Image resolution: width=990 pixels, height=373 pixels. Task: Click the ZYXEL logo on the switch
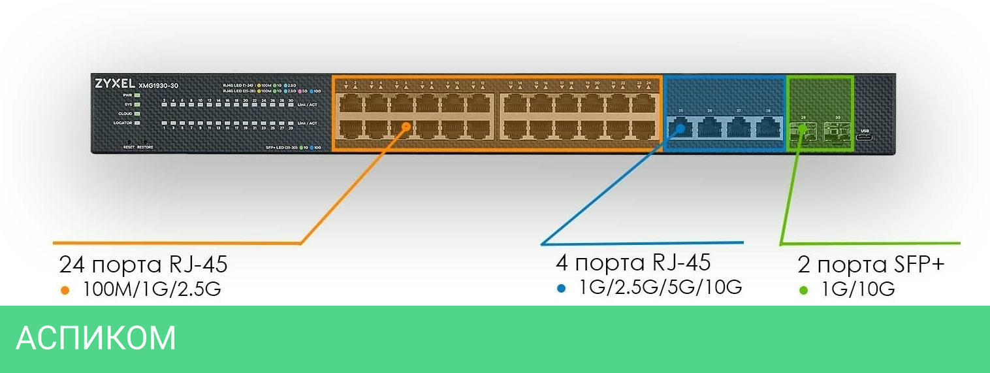114,84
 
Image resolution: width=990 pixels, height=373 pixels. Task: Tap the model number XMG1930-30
158,85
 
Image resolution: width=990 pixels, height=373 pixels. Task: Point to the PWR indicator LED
138,95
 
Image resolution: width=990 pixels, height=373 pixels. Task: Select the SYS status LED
138,105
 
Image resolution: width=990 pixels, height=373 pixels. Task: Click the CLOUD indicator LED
138,114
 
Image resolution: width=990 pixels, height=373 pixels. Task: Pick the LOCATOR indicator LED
138,123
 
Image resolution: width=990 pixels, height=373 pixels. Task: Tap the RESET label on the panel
129,147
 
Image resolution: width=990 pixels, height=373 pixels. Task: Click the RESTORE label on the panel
145,147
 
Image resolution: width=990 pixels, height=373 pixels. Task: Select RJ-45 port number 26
709,128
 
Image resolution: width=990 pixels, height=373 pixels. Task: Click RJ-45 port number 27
739,128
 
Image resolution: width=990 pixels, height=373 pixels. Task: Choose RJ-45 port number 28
768,128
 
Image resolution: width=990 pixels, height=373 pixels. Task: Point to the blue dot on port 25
679,129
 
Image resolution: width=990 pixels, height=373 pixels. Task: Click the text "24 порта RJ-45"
143,265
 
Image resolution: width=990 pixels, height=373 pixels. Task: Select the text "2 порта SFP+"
870,265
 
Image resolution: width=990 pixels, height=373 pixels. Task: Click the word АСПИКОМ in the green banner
96,338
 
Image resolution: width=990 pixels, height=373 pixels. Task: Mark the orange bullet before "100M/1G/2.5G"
65,290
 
